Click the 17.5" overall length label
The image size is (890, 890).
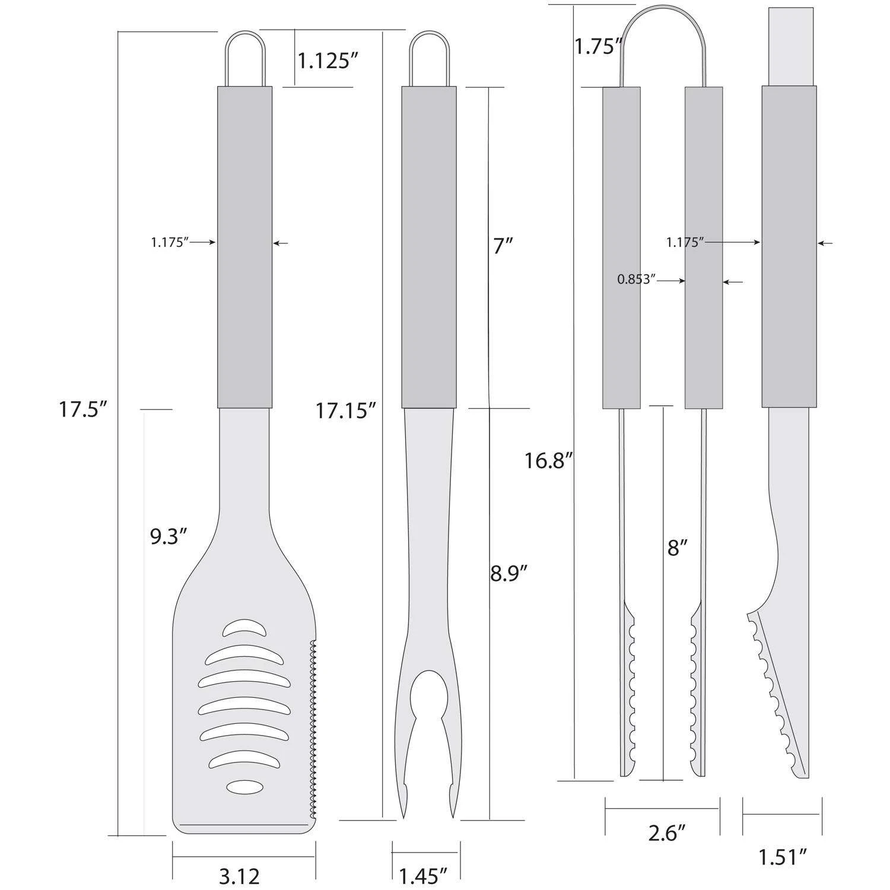(82, 410)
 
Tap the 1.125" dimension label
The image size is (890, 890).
(329, 60)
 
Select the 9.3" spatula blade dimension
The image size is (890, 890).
(169, 538)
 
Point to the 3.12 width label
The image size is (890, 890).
(239, 875)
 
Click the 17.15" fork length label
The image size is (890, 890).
(346, 410)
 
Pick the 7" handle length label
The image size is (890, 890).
(503, 245)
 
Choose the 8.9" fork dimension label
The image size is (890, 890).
(508, 573)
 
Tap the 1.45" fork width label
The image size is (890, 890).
(423, 875)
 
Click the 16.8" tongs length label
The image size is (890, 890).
(549, 460)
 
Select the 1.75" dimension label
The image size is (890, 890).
(597, 47)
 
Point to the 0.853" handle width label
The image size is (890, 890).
(636, 279)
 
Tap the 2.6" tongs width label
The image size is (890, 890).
(663, 834)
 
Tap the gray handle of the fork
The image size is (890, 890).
(428, 247)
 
